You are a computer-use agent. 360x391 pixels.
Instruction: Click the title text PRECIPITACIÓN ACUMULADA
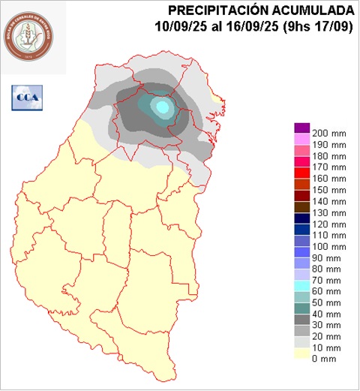pos(261,11)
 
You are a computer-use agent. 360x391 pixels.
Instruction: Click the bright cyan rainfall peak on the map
pos(162,107)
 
